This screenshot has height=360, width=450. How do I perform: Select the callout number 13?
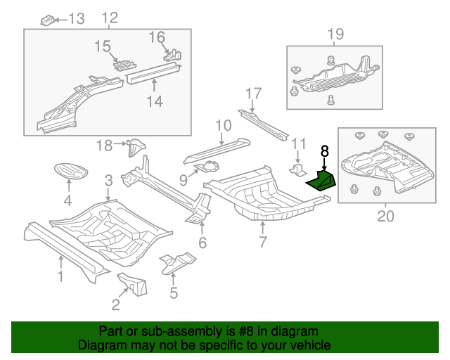coord(75,18)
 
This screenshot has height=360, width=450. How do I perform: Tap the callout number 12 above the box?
coord(110,18)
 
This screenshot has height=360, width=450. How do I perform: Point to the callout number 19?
coord(335,34)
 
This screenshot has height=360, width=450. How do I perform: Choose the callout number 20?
coord(385,217)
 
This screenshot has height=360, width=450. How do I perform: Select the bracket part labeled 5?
coord(177,263)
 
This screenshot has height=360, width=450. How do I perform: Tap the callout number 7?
coord(263,243)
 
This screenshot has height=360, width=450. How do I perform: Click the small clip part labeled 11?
coord(298,170)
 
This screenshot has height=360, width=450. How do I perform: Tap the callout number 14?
coord(155,102)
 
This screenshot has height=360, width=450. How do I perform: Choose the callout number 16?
coord(156,37)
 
